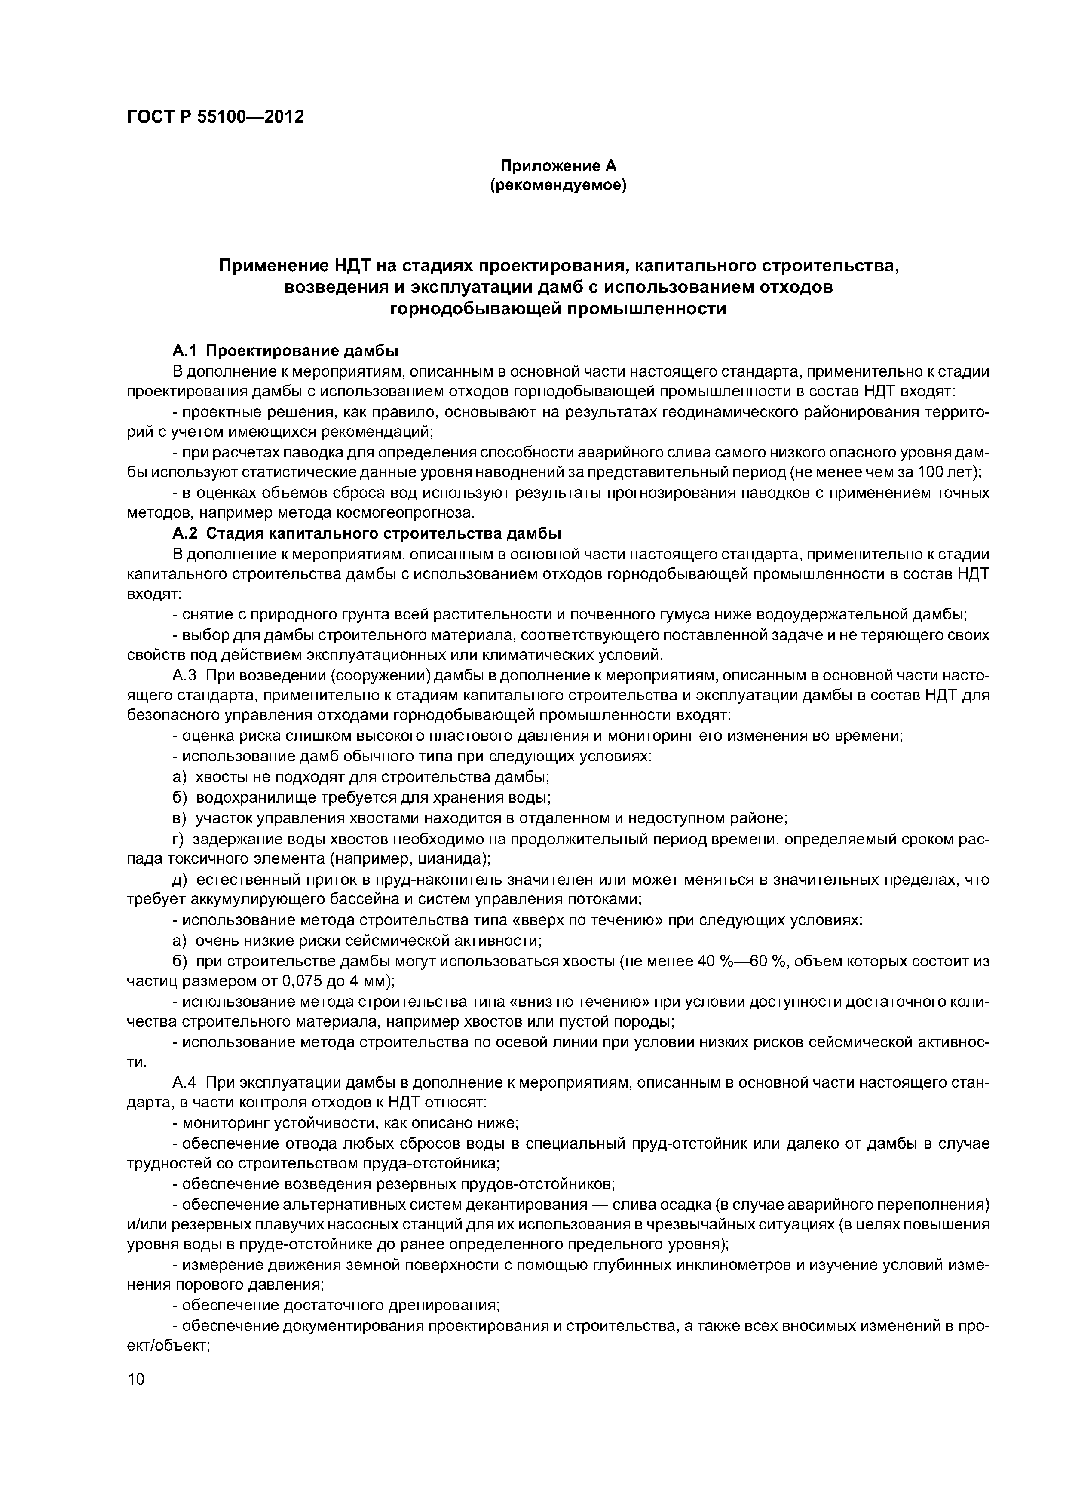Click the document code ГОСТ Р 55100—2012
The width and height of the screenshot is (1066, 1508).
coord(215,117)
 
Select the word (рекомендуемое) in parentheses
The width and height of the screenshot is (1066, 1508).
coord(558,186)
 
